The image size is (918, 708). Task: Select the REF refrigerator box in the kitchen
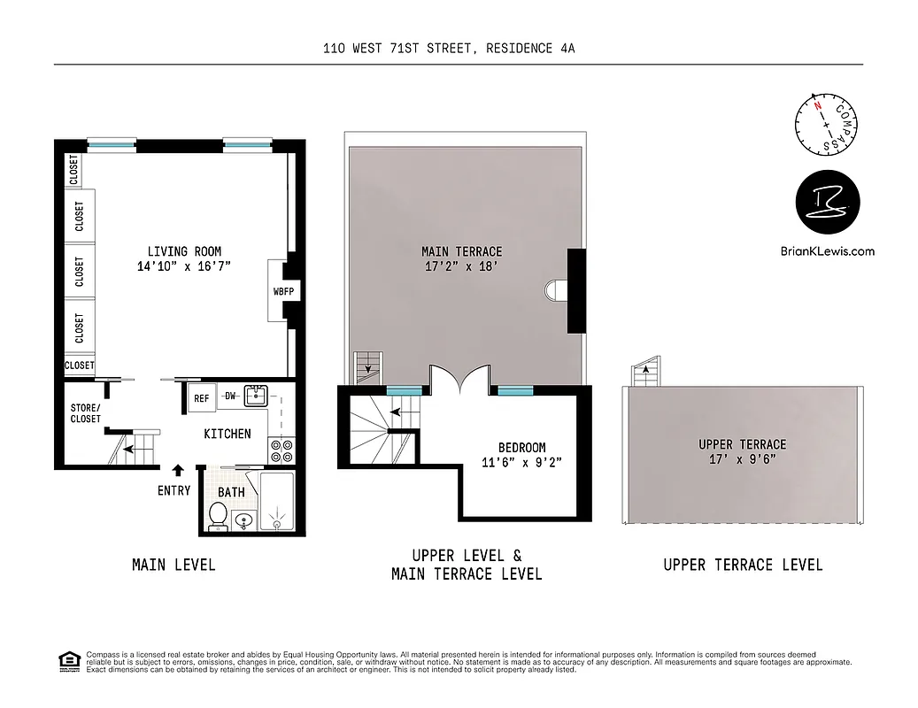202,398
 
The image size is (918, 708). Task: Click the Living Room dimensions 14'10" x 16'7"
184,265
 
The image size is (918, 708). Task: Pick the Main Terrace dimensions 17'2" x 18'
461,266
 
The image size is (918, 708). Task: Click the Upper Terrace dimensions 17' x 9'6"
742,459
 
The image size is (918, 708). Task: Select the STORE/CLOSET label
86,413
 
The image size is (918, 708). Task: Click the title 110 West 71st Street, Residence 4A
449,50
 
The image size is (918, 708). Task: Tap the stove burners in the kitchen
281,451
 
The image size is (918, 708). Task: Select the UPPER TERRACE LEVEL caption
743,565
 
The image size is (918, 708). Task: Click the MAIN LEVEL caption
174,565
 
